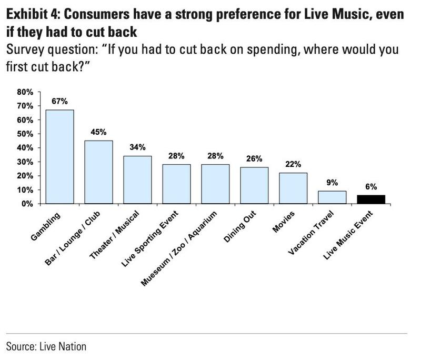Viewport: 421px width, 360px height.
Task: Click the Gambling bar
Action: click(59, 157)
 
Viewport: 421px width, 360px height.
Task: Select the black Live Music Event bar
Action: click(371, 199)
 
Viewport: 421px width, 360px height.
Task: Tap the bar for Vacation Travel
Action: click(332, 197)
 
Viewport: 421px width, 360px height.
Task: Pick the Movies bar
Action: click(293, 188)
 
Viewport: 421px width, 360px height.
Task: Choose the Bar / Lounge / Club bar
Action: click(98, 172)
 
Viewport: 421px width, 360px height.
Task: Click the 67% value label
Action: click(59, 102)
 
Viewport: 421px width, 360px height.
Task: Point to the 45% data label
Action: click(98, 132)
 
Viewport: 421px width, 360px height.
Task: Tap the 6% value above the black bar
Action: click(371, 187)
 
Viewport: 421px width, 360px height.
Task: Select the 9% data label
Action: click(332, 183)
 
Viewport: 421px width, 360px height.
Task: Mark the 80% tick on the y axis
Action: click(25, 92)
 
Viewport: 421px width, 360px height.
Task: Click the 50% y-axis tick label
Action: click(25, 134)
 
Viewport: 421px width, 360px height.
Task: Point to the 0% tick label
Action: click(27, 204)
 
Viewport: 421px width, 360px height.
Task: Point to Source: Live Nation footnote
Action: click(46, 346)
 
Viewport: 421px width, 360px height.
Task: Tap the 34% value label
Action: click(137, 147)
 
